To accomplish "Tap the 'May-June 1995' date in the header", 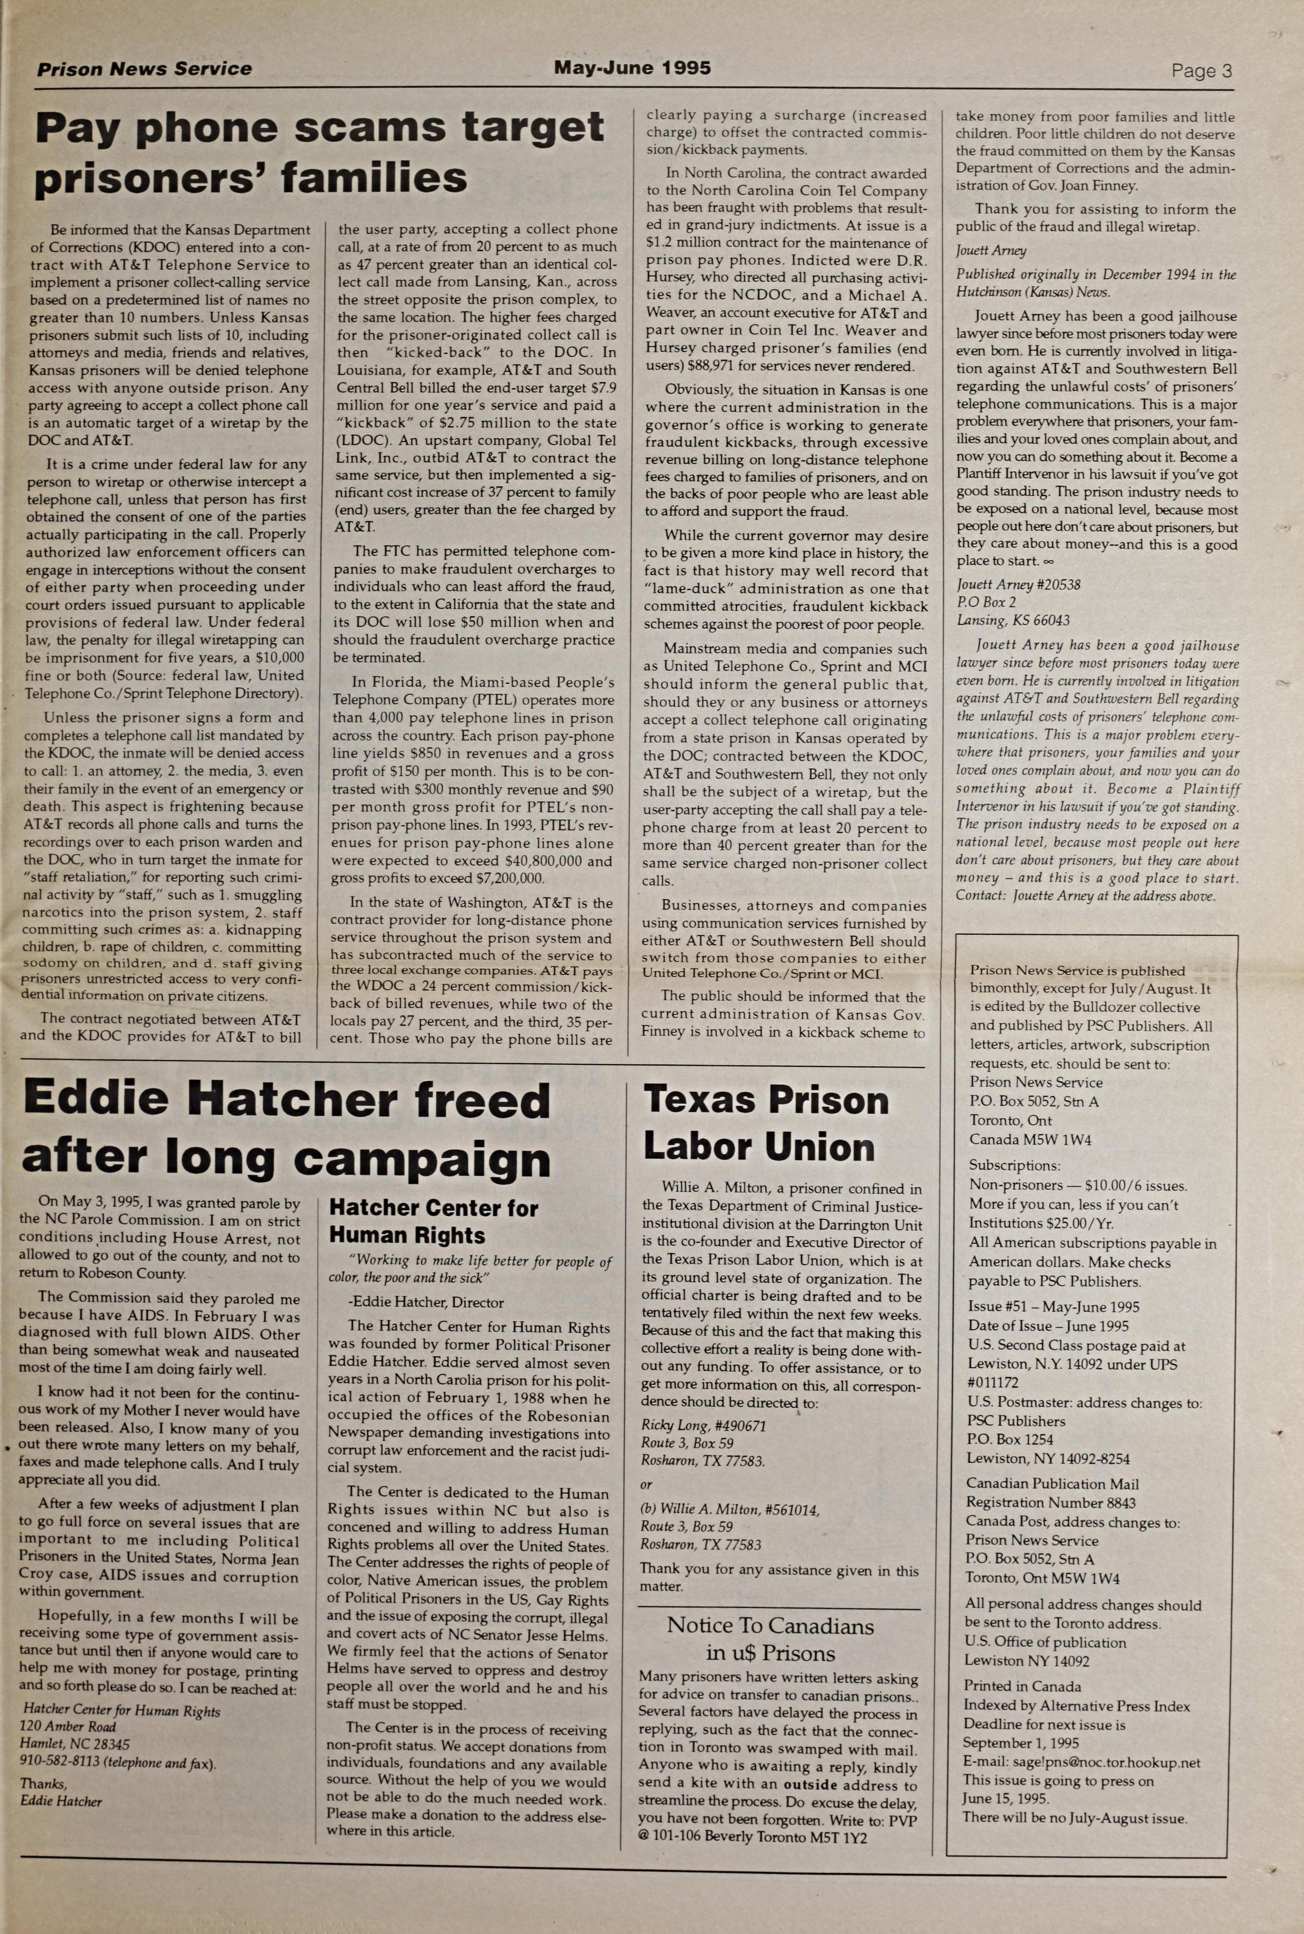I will (x=632, y=68).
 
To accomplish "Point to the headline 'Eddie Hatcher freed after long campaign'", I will (x=287, y=1128).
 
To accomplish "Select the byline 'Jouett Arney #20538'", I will (x=1017, y=585).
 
